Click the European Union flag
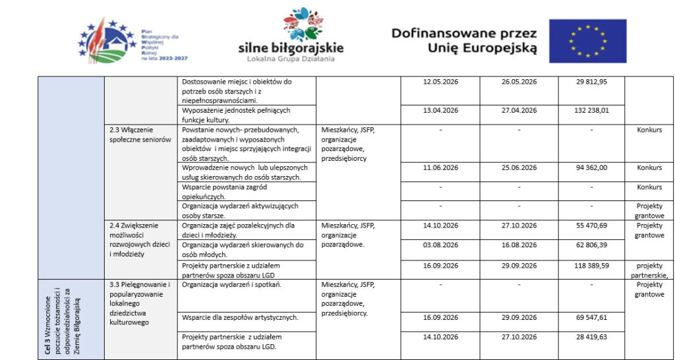(x=588, y=41)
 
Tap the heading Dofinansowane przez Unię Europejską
(x=464, y=41)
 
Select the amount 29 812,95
(x=591, y=82)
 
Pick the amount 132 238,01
(x=591, y=111)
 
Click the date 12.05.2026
(x=440, y=82)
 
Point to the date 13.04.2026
(x=440, y=111)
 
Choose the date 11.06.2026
(x=440, y=167)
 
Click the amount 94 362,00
(x=591, y=167)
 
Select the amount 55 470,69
(x=591, y=225)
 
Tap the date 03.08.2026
(x=440, y=245)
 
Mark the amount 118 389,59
(x=591, y=265)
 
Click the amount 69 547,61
(x=591, y=317)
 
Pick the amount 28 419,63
(x=591, y=337)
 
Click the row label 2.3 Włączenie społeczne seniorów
(x=140, y=135)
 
